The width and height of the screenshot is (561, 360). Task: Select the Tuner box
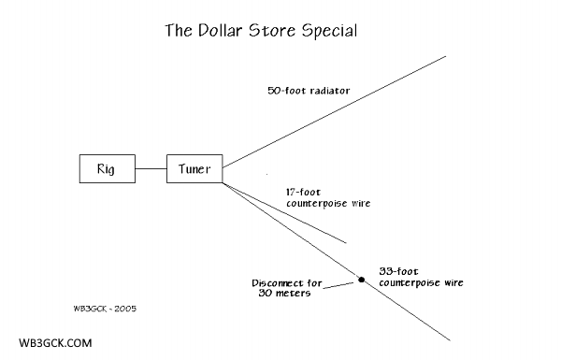point(194,169)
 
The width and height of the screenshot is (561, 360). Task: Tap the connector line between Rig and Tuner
point(150,169)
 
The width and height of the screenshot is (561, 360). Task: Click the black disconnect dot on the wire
point(361,278)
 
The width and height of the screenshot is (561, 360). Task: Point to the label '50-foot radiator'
point(309,92)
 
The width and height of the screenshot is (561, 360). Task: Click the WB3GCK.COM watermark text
point(54,343)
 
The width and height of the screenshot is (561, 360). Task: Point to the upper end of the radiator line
point(446,56)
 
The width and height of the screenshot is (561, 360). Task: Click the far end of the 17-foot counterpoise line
point(346,243)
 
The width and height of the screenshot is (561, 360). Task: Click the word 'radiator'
point(329,92)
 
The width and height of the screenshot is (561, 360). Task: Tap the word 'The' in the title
point(179,31)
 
